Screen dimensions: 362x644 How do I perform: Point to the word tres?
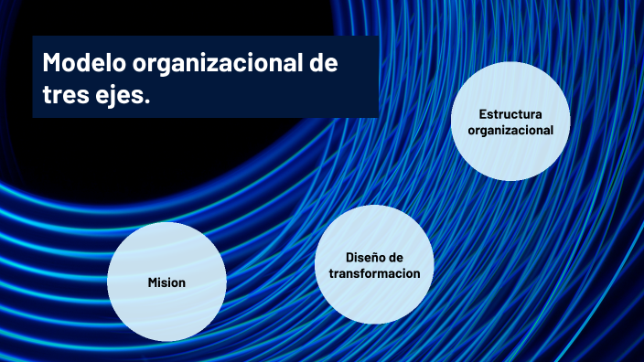pyautogui.click(x=65, y=94)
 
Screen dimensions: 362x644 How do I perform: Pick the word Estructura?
pyautogui.click(x=510, y=114)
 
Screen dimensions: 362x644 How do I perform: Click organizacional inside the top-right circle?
pyautogui.click(x=510, y=130)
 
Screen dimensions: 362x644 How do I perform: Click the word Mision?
pyautogui.click(x=166, y=282)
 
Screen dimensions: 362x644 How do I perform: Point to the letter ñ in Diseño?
pyautogui.click(x=375, y=258)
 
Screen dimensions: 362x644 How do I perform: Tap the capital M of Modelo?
pyautogui.click(x=52, y=64)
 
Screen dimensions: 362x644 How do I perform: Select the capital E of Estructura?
pyautogui.click(x=482, y=114)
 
